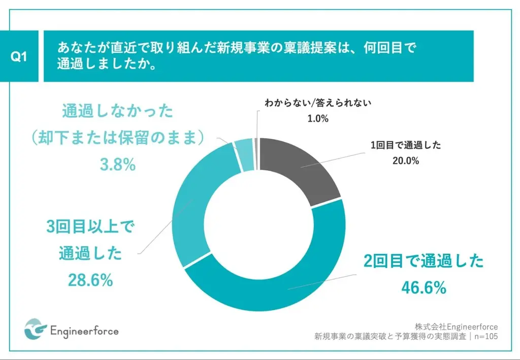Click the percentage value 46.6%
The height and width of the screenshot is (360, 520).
[x=424, y=288]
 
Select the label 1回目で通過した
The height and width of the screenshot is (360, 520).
[x=405, y=145]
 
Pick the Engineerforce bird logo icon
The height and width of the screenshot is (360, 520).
[x=35, y=331]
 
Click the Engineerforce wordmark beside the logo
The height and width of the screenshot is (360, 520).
[x=85, y=331]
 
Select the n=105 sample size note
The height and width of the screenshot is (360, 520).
[x=485, y=336]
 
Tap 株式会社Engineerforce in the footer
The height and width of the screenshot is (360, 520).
[x=456, y=326]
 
